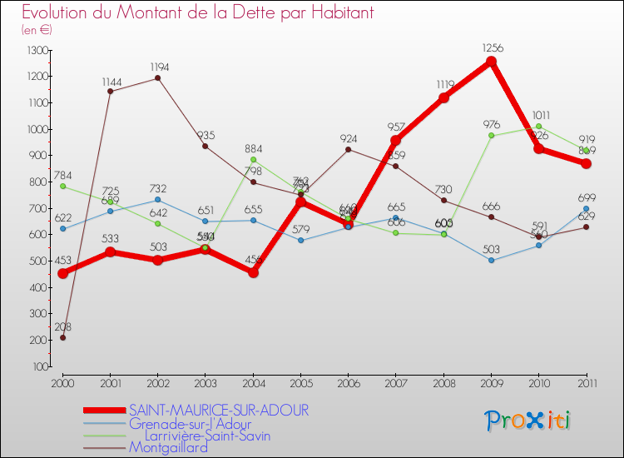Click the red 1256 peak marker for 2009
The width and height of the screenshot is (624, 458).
click(491, 62)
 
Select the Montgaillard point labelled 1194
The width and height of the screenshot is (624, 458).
click(158, 78)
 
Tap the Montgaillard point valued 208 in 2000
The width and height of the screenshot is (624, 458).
click(62, 337)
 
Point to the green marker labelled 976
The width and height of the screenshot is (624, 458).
click(491, 136)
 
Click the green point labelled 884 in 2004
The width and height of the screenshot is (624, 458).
click(253, 160)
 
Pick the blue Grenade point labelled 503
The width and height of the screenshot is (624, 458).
click(491, 260)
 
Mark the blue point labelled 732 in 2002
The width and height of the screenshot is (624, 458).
click(158, 200)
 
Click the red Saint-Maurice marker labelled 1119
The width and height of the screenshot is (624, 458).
click(443, 97)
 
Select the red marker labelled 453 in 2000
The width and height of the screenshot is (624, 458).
click(62, 273)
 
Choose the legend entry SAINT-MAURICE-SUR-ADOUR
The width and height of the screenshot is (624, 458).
click(219, 410)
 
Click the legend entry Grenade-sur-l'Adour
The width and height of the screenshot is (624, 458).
click(190, 423)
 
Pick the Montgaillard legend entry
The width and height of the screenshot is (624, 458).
click(168, 447)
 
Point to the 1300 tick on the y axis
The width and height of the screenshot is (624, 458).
click(38, 51)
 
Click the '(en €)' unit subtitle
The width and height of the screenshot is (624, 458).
click(37, 30)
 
